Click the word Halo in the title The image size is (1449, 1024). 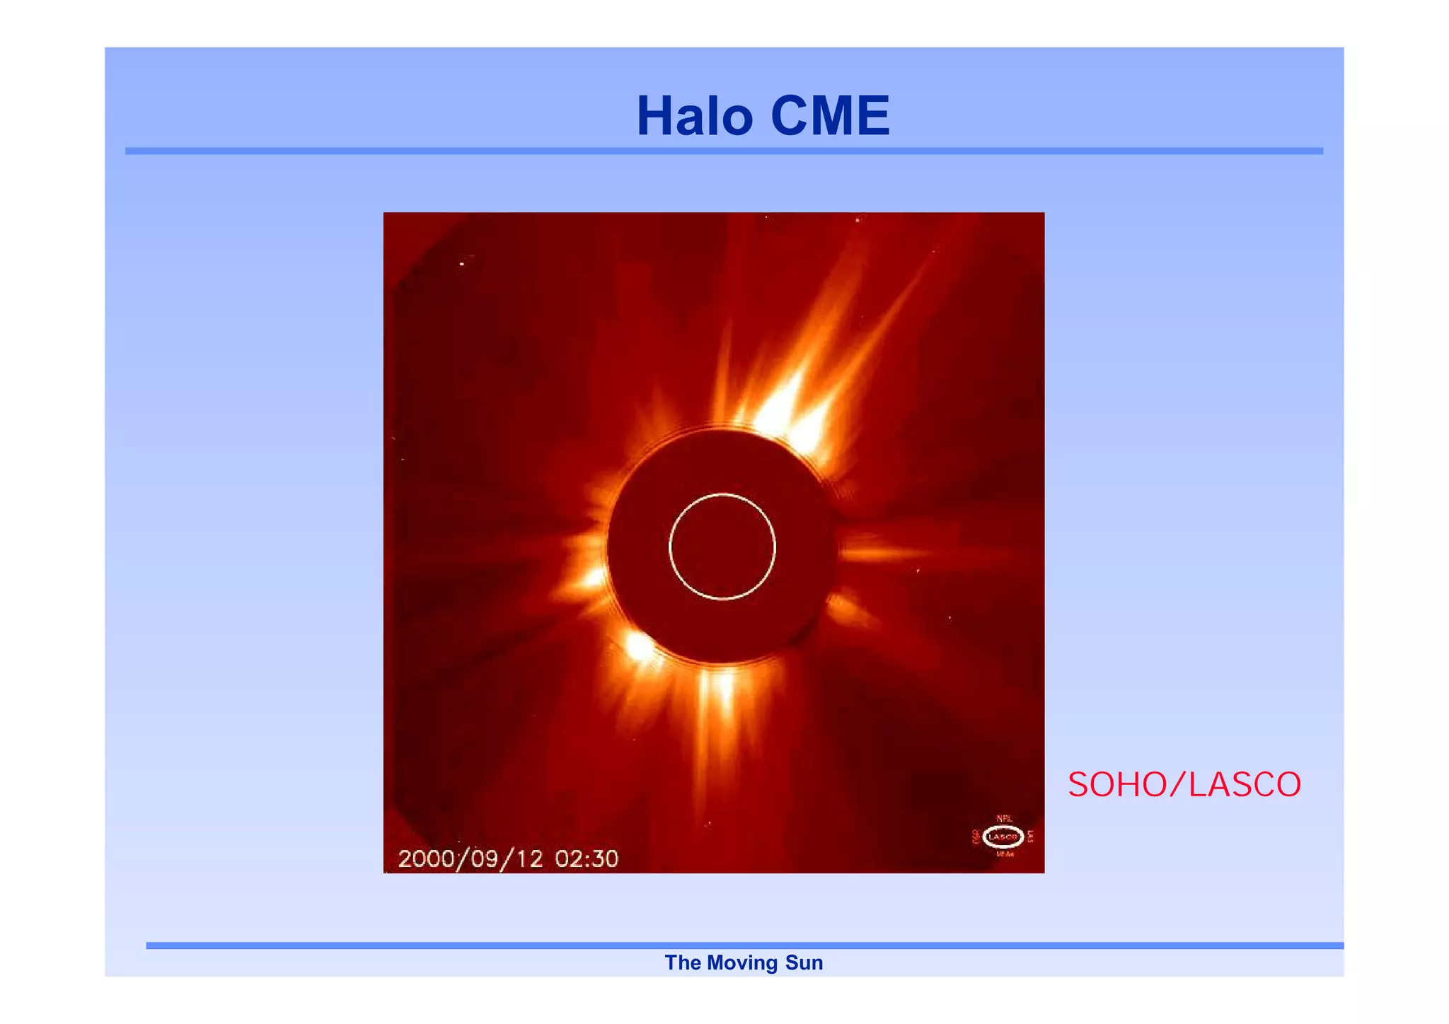(694, 116)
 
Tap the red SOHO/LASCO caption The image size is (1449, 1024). (1184, 785)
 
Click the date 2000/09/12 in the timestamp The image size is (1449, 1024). (471, 859)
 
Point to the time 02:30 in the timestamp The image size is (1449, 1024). (586, 859)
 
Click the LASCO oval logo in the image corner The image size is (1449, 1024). (1003, 837)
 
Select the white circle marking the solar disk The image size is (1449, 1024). (722, 494)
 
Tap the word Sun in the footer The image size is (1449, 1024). (804, 963)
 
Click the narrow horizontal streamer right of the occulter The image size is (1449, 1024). (884, 552)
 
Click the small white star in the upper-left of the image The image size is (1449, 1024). (462, 264)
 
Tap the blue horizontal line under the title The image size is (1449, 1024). (724, 151)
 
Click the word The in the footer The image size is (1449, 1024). (682, 963)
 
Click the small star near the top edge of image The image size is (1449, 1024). (858, 220)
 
